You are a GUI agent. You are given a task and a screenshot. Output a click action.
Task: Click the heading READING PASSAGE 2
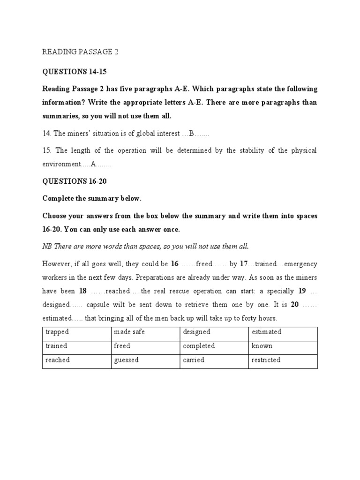click(x=81, y=52)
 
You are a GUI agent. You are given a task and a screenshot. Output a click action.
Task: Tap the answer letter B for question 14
click(x=191, y=134)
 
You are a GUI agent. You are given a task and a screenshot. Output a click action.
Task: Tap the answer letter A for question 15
click(x=94, y=165)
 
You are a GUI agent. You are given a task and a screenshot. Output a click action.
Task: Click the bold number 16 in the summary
click(x=175, y=263)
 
